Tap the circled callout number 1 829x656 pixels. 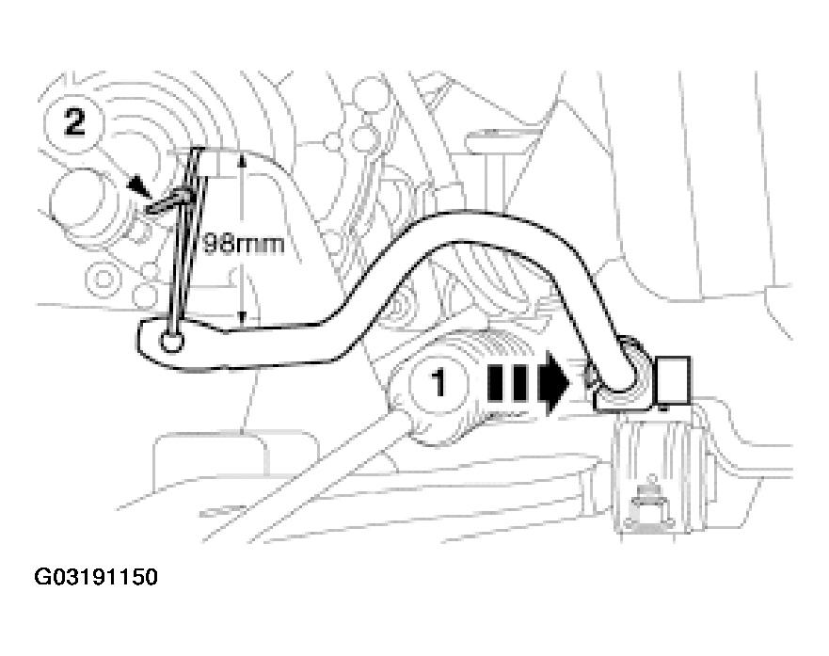438,384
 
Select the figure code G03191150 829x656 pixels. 96,577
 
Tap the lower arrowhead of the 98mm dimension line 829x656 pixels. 242,316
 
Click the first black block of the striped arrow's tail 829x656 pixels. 494,382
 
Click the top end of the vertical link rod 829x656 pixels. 199,150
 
